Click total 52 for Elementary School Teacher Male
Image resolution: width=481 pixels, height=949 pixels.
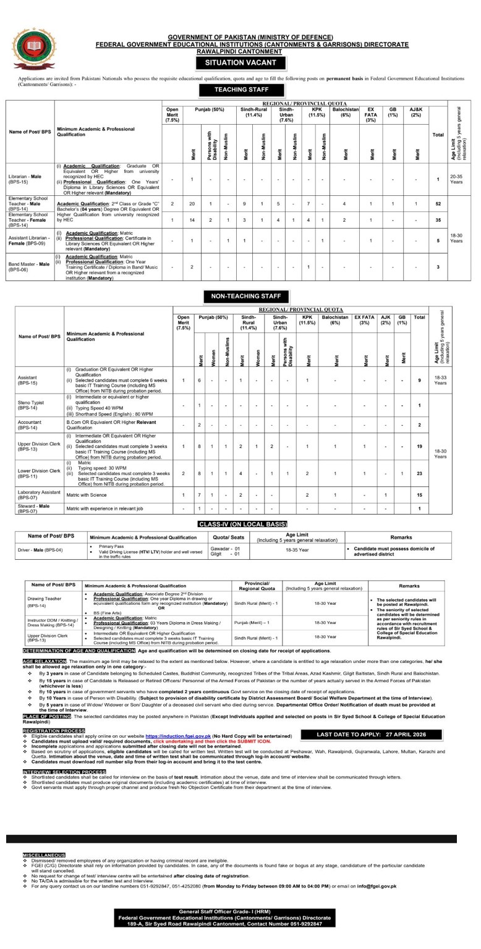coord(438,203)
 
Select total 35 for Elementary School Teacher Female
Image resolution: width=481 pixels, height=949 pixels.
coord(438,219)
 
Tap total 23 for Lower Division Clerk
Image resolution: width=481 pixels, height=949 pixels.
coord(419,473)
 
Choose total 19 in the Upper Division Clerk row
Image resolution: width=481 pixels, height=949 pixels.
coord(419,445)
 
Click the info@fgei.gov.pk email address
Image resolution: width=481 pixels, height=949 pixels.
coord(378,886)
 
